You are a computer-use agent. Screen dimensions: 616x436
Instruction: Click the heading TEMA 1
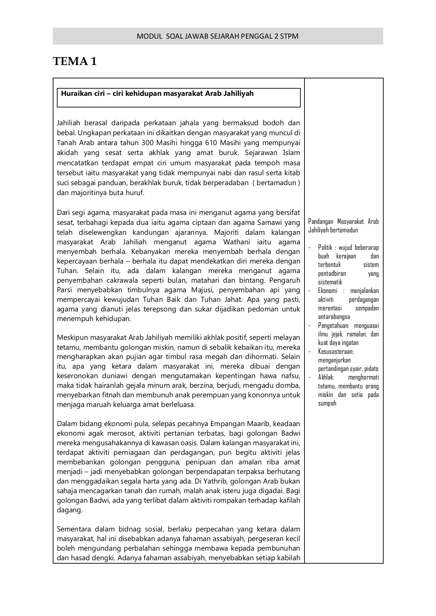(75, 62)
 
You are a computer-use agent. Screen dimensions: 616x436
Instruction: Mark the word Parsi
(65, 290)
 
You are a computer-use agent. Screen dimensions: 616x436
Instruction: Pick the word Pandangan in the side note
(321, 221)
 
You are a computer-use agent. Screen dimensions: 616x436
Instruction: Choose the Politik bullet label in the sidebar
(325, 247)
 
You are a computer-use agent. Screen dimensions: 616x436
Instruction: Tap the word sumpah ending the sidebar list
(327, 403)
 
